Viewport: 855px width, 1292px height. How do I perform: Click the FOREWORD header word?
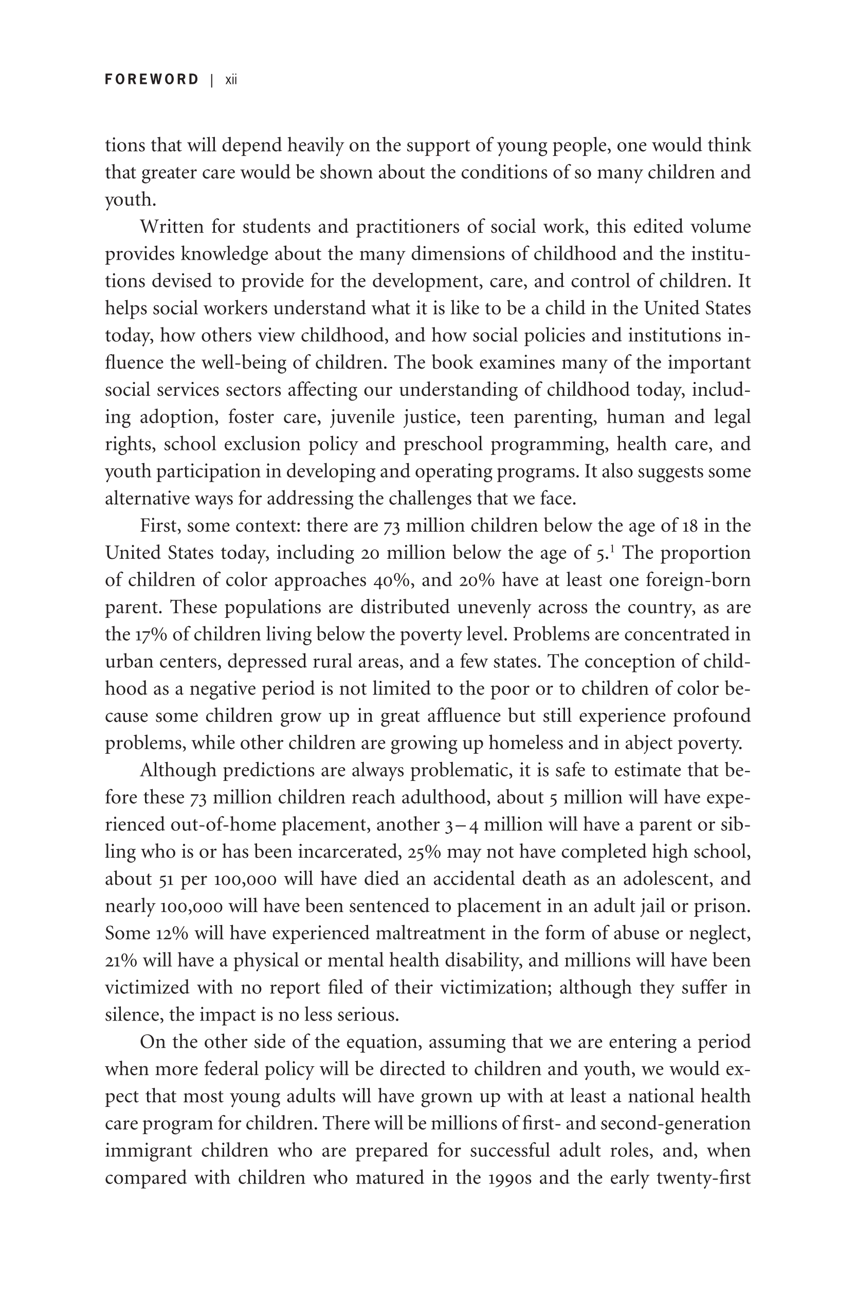pyautogui.click(x=152, y=80)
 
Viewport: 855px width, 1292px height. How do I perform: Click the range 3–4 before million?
pyautogui.click(x=462, y=825)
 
